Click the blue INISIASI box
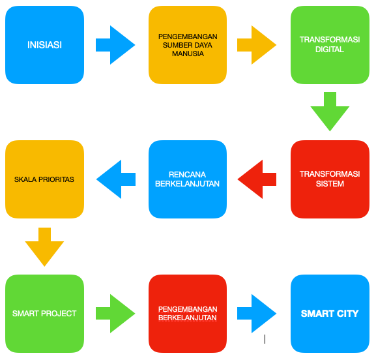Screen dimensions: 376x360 [x=44, y=45]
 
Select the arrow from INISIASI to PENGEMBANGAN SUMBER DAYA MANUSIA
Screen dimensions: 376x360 [x=115, y=45]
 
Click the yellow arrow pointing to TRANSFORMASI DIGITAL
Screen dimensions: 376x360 [x=257, y=45]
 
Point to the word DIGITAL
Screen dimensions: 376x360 [x=330, y=50]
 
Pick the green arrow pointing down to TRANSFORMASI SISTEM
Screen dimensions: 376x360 [x=330, y=112]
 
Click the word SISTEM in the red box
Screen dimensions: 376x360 [x=330, y=184]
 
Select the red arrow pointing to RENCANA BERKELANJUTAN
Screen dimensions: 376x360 [x=257, y=179]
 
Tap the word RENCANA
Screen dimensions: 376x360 [x=187, y=175]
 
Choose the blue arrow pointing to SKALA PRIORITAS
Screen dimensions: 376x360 [x=116, y=179]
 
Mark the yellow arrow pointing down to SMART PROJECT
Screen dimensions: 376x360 [x=44, y=247]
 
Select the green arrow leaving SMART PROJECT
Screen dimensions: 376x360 [x=115, y=314]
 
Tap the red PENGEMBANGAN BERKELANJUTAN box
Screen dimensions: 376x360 [x=188, y=314]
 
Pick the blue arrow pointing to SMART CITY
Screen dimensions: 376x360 [x=257, y=314]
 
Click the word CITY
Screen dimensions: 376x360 [x=348, y=314]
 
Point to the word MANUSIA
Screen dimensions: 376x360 [x=188, y=53]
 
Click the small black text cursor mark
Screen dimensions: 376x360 [x=265, y=339]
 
